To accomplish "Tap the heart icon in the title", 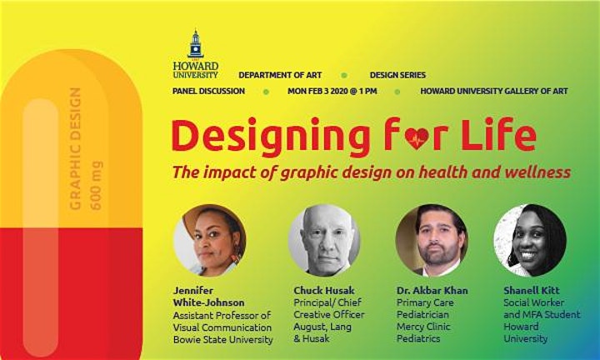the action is [x=417, y=138].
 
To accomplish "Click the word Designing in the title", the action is [x=271, y=137].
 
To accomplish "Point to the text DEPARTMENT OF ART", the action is [x=280, y=75].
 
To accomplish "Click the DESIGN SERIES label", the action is [x=397, y=75].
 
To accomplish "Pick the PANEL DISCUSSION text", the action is [x=208, y=92].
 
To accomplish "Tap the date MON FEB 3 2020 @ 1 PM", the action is [x=332, y=92].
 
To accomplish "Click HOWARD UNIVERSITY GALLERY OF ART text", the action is [x=494, y=92].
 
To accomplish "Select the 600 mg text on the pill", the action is [x=96, y=186].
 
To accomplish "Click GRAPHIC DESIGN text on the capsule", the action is [x=75, y=149].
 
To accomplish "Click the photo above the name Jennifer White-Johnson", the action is [x=210, y=240].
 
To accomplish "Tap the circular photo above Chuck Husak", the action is [x=324, y=240].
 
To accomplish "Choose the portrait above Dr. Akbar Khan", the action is [x=432, y=240].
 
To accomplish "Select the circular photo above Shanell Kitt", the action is [x=530, y=240].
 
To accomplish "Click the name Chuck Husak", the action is [x=324, y=290].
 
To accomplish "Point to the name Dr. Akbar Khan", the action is [x=432, y=290].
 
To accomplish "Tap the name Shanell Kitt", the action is [x=532, y=290].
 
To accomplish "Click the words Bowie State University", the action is [x=223, y=340].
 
